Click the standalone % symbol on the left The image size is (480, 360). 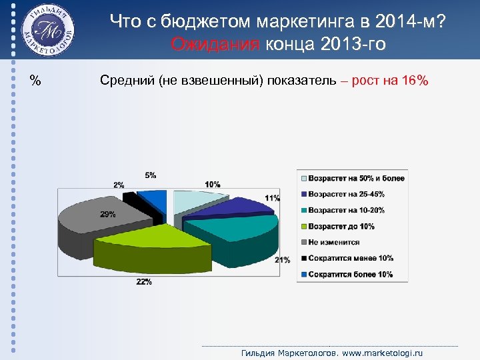click(35, 81)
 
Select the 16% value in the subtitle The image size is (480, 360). click(415, 81)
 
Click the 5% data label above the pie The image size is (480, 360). click(151, 175)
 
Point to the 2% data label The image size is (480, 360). click(119, 185)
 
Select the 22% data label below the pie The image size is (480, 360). click(143, 282)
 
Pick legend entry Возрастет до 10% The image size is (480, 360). click(341, 227)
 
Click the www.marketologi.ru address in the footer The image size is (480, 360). click(382, 353)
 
